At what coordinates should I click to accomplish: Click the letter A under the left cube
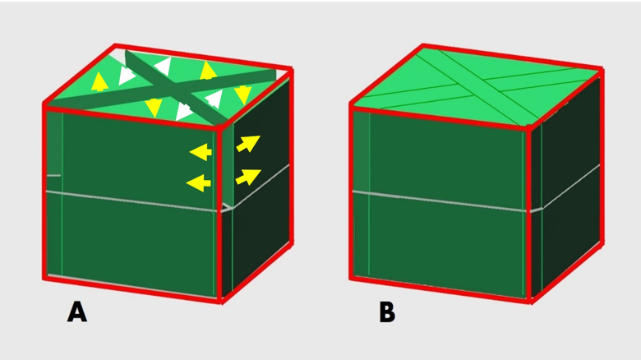(x=77, y=312)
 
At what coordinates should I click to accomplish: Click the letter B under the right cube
(x=387, y=312)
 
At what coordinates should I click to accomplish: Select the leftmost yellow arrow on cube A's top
(x=99, y=81)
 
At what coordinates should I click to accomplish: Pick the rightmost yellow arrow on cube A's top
(x=242, y=95)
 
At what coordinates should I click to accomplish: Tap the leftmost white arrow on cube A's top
(x=127, y=76)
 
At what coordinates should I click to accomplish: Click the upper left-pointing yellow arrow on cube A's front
(x=201, y=152)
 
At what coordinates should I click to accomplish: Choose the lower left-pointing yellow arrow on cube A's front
(x=198, y=182)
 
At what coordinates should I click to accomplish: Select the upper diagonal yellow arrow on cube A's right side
(x=247, y=144)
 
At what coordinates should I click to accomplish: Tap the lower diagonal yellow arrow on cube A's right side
(x=247, y=177)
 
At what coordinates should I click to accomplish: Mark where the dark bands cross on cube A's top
(x=175, y=88)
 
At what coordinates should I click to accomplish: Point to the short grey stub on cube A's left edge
(x=53, y=176)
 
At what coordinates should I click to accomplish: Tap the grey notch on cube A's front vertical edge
(x=226, y=208)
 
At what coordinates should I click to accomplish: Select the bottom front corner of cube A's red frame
(x=221, y=301)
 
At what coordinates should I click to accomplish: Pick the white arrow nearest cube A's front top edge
(x=184, y=111)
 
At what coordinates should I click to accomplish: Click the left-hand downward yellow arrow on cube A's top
(x=154, y=107)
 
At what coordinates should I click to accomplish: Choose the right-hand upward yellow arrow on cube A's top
(x=208, y=71)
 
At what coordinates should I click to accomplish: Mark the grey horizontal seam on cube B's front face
(x=440, y=201)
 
